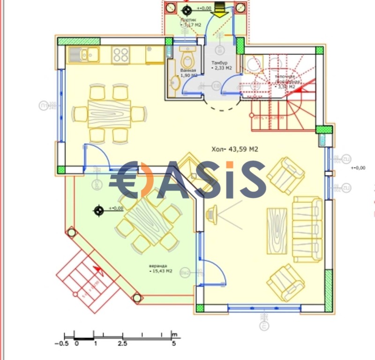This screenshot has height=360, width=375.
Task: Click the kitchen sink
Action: tap(82, 55)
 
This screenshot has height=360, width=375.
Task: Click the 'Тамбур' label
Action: tap(219, 63)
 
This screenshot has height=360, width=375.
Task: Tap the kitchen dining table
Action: tap(109, 112)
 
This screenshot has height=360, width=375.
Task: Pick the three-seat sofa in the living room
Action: tap(307, 229)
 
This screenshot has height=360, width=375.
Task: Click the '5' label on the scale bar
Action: tap(173, 344)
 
